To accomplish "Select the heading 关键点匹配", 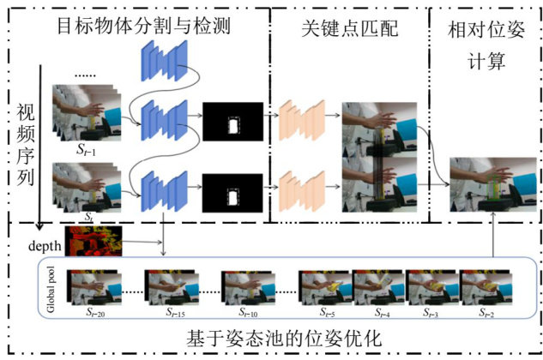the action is point(347,25).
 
